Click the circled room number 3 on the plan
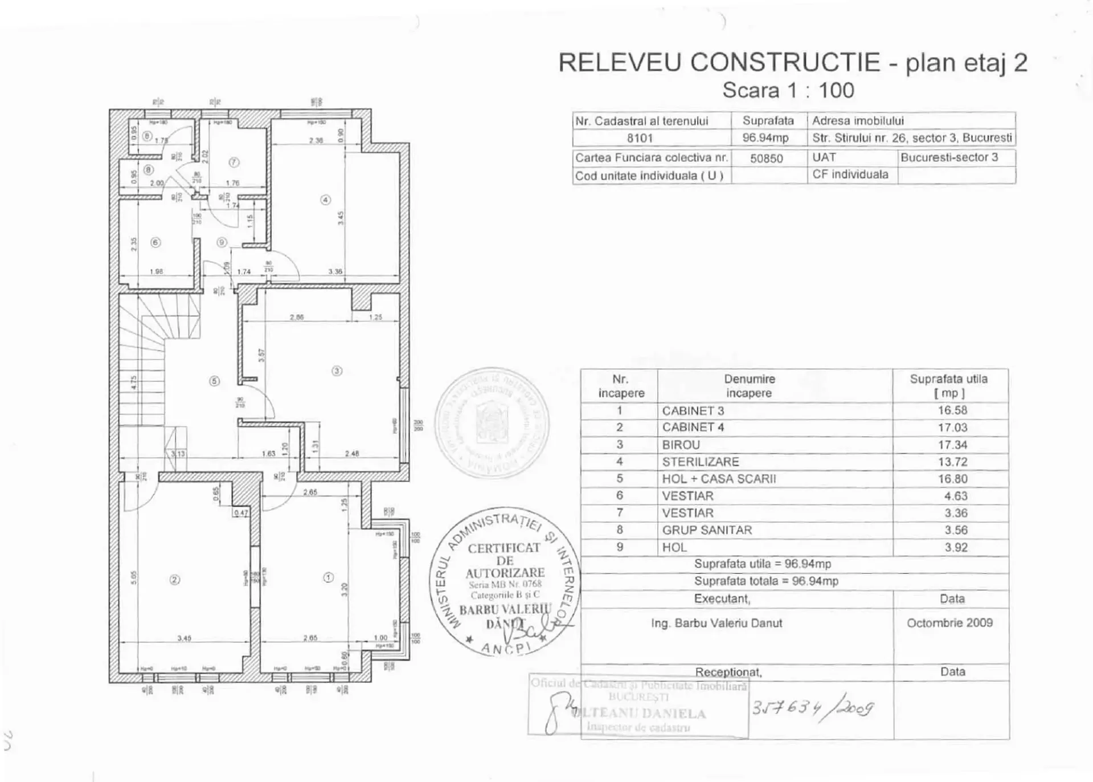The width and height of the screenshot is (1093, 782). [337, 371]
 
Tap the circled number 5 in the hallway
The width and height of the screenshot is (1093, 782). [214, 381]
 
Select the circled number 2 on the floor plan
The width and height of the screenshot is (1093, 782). [175, 580]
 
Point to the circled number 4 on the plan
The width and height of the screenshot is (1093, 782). [325, 199]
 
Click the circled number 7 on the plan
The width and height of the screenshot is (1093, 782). [234, 162]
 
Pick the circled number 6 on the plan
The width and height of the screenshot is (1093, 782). [155, 242]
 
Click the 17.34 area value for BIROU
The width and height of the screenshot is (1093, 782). [952, 445]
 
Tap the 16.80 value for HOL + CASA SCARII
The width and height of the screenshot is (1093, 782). [952, 479]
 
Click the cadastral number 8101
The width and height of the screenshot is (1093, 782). [640, 138]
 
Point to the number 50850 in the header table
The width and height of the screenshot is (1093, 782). [766, 158]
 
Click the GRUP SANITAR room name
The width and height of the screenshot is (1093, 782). [706, 530]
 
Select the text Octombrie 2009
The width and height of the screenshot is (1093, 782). [949, 623]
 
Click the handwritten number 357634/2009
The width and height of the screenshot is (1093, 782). [812, 708]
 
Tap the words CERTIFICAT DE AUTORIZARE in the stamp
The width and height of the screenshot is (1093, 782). [505, 560]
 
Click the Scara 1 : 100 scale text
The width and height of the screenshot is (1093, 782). [788, 90]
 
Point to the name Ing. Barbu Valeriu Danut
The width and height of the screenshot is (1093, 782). [717, 623]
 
